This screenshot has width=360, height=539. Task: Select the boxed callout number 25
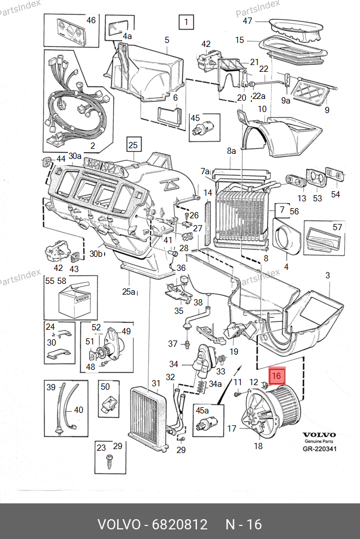[x=132, y=145]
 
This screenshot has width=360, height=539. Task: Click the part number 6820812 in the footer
[x=179, y=524]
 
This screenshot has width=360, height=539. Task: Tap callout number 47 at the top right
[x=247, y=21]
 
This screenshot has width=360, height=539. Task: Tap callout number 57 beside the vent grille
[x=337, y=227]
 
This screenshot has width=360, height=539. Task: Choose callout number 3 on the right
[x=327, y=275]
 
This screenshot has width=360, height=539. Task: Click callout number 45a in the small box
[x=202, y=409]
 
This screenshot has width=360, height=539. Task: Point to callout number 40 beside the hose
[x=79, y=410]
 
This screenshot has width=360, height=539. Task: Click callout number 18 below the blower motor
[x=258, y=446]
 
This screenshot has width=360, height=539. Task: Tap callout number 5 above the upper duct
[x=167, y=40]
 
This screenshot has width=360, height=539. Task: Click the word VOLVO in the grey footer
[x=119, y=524]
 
